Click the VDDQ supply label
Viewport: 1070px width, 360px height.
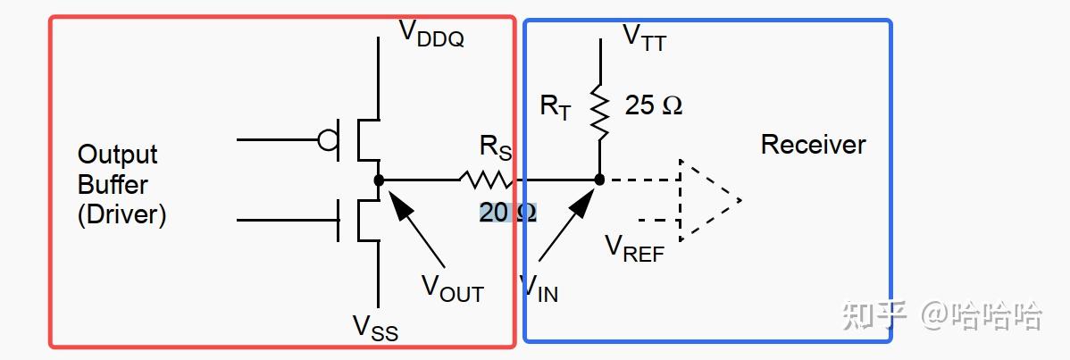coord(431,33)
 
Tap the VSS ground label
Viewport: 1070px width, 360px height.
coord(375,328)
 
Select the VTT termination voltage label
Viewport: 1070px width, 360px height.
coord(645,38)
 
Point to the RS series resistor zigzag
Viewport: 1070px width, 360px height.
coord(487,180)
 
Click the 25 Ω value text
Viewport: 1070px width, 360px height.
coord(654,105)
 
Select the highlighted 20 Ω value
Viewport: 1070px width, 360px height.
coord(507,213)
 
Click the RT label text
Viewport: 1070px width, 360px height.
coord(555,108)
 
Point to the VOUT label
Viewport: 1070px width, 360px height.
coord(453,289)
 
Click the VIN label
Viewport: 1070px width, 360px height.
coord(539,289)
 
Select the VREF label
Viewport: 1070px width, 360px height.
coord(635,249)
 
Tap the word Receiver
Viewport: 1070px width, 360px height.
coord(814,145)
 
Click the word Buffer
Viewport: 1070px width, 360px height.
coord(113,184)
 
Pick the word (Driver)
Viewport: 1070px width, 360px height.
coord(121,215)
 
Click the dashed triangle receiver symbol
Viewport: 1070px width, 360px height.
coord(710,200)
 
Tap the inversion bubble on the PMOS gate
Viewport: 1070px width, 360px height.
coord(328,140)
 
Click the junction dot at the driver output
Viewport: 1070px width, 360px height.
coord(379,180)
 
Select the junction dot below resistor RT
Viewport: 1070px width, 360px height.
coord(600,180)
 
